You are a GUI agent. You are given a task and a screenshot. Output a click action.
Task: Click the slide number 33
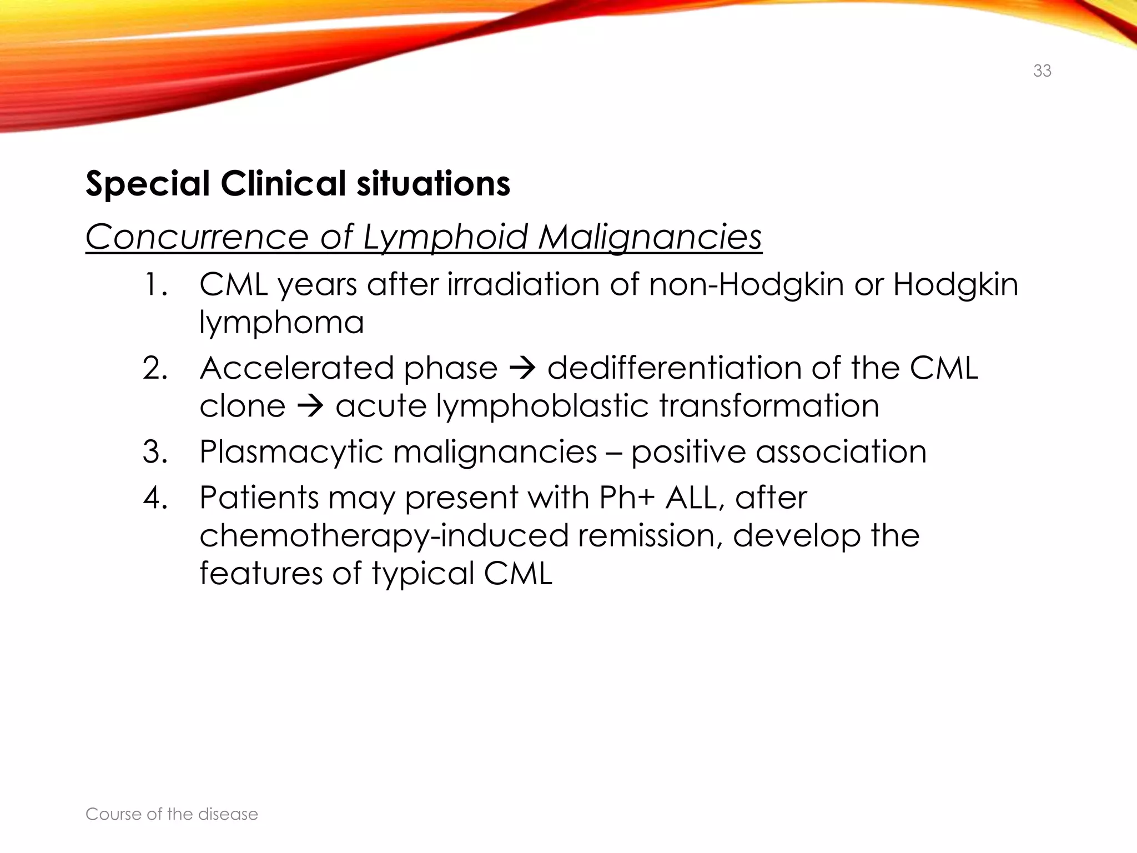tap(1042, 71)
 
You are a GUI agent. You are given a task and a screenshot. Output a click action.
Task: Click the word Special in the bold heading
tap(148, 183)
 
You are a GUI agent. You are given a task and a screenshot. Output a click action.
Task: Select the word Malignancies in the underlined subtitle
tap(650, 237)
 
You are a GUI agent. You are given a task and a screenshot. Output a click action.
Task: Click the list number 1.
tap(154, 284)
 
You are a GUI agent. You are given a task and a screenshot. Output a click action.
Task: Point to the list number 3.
tap(155, 451)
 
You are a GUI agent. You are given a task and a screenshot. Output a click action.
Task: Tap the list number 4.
tap(155, 498)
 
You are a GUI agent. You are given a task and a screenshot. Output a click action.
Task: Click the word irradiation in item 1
tap(523, 284)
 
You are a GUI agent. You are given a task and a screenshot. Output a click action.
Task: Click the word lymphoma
tap(281, 323)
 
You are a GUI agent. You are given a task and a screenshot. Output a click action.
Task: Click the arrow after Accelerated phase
tap(522, 369)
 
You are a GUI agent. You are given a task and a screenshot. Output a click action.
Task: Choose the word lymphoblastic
tap(542, 406)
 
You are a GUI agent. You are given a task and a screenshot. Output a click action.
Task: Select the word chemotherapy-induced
tap(384, 535)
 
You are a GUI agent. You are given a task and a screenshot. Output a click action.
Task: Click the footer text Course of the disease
tap(172, 814)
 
